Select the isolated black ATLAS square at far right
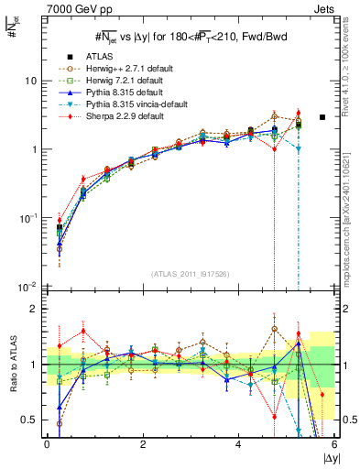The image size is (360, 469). click(x=322, y=117)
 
